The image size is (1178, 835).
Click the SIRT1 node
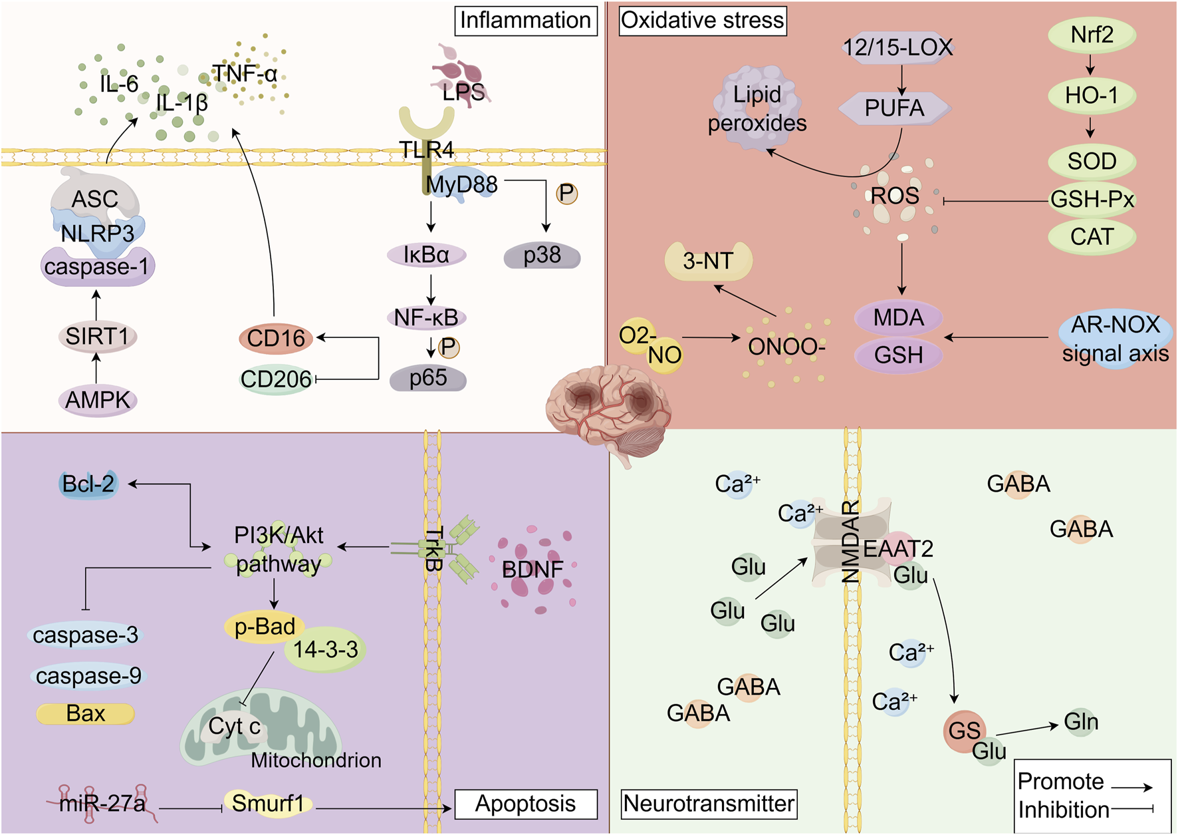[98, 336]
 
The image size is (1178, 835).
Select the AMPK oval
[98, 400]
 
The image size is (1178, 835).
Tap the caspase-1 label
[98, 267]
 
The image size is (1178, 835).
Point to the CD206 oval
[276, 379]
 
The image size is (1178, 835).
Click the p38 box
[542, 255]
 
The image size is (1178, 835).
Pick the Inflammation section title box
[525, 21]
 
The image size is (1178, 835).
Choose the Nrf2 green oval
[1092, 35]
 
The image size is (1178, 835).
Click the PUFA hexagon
[894, 108]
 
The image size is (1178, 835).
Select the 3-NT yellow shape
[709, 261]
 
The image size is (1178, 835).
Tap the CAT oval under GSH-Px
[1092, 237]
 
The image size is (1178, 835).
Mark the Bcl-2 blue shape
[88, 484]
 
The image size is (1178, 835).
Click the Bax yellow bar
[86, 714]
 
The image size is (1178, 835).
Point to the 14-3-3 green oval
[326, 649]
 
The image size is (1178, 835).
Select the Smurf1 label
[267, 803]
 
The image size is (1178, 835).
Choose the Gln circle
[1081, 722]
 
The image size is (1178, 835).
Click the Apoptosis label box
[525, 804]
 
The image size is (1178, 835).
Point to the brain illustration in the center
[608, 406]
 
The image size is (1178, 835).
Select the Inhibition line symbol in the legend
[1131, 809]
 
